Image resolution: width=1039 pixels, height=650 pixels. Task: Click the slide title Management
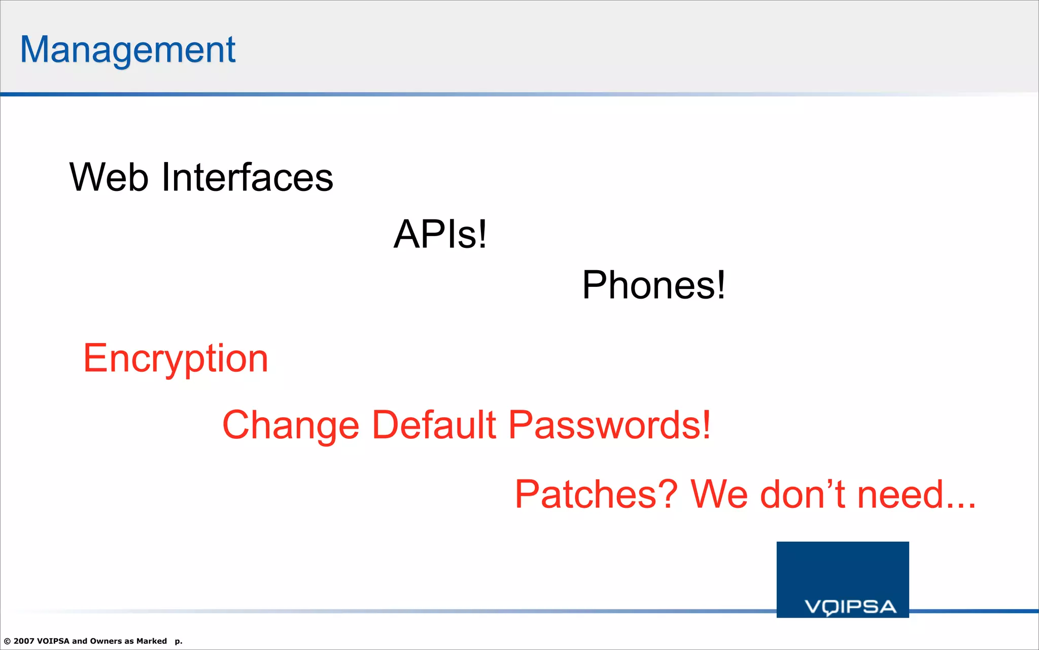[x=128, y=50]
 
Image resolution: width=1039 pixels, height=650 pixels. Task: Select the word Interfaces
[x=247, y=177]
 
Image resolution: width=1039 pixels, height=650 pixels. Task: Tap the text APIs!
[x=440, y=234]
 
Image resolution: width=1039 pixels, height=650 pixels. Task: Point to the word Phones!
[x=653, y=285]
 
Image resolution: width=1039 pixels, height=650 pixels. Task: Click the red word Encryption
[x=176, y=359]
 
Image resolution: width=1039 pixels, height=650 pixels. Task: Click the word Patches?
[x=596, y=494]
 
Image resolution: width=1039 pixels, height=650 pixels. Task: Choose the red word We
[x=719, y=494]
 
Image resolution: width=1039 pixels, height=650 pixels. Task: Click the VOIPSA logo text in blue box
[x=850, y=607]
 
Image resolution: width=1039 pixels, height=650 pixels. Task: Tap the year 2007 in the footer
[x=24, y=641]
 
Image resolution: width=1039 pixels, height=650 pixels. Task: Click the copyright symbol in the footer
[x=7, y=641]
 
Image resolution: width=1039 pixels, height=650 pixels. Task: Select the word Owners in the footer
[x=106, y=641]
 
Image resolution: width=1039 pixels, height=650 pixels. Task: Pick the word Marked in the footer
[x=151, y=641]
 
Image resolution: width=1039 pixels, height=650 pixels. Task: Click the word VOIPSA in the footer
[x=53, y=641]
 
